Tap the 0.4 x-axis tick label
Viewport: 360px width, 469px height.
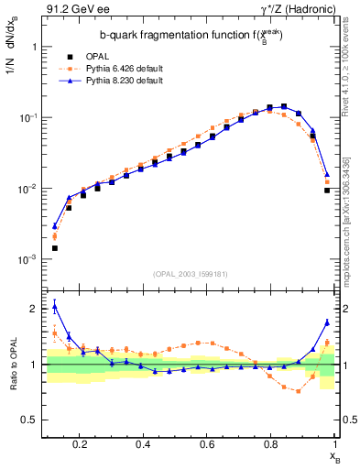coord(143,444)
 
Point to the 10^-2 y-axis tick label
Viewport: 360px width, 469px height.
coord(26,189)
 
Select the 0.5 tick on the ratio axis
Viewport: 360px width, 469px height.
coord(28,420)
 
